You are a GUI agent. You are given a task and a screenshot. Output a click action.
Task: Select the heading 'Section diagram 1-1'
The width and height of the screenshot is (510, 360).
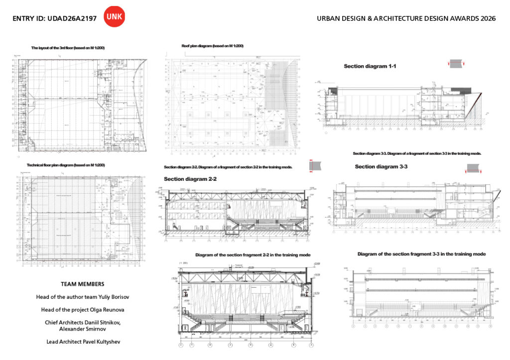point(370,66)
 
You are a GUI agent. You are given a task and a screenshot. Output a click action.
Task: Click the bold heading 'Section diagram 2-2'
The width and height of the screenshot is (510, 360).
point(190,179)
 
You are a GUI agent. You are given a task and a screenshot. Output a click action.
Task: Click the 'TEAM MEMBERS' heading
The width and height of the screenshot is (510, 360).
point(82,284)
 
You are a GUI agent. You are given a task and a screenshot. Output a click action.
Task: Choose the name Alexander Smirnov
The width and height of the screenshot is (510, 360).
point(82,329)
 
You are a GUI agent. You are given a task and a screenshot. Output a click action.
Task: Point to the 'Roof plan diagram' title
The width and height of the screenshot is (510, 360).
point(213,46)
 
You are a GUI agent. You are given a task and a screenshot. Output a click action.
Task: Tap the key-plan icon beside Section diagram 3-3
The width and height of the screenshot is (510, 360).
point(474,168)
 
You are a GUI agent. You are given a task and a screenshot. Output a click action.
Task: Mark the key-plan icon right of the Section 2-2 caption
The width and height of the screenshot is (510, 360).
point(315,166)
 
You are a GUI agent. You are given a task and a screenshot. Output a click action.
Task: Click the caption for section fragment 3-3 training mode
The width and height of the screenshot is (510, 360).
point(421,254)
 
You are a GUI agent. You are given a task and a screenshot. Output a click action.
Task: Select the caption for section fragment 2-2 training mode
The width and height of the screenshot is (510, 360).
point(253,255)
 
